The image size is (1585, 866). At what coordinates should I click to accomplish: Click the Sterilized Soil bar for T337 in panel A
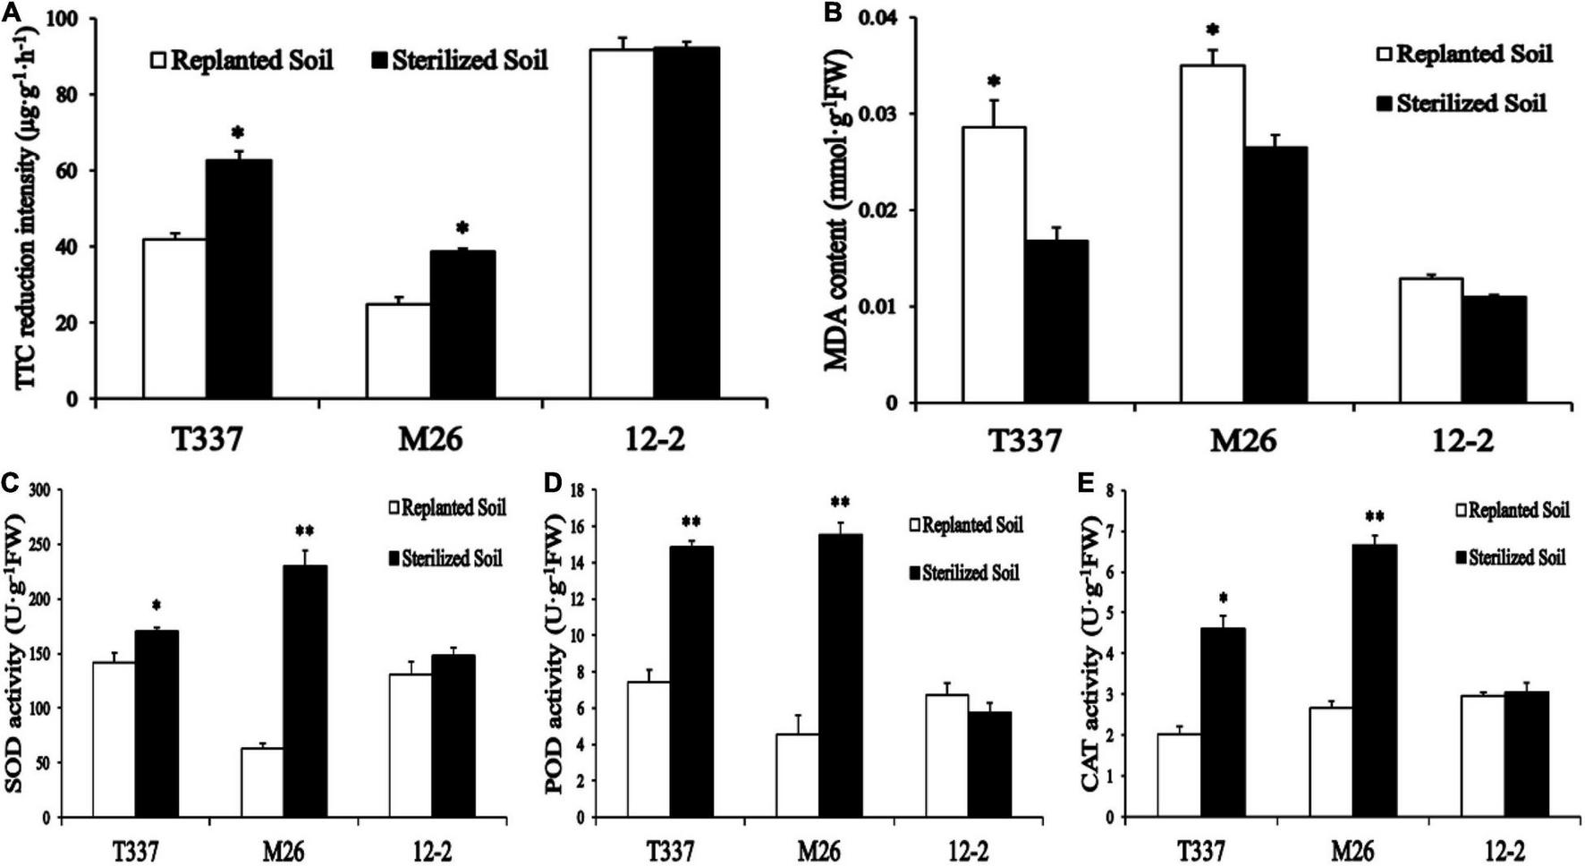point(239,279)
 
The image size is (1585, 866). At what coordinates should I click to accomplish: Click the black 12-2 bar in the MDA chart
point(1494,350)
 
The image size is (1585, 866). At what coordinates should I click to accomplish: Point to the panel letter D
point(553,485)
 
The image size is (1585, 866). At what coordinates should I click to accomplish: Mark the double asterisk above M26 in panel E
point(1375,516)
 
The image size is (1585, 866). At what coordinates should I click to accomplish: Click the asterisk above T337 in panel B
point(994,82)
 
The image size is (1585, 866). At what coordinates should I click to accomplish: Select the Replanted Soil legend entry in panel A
point(242,61)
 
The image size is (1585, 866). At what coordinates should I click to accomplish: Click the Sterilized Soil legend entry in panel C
point(444,558)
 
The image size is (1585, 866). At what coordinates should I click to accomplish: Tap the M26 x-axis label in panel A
point(430,439)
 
